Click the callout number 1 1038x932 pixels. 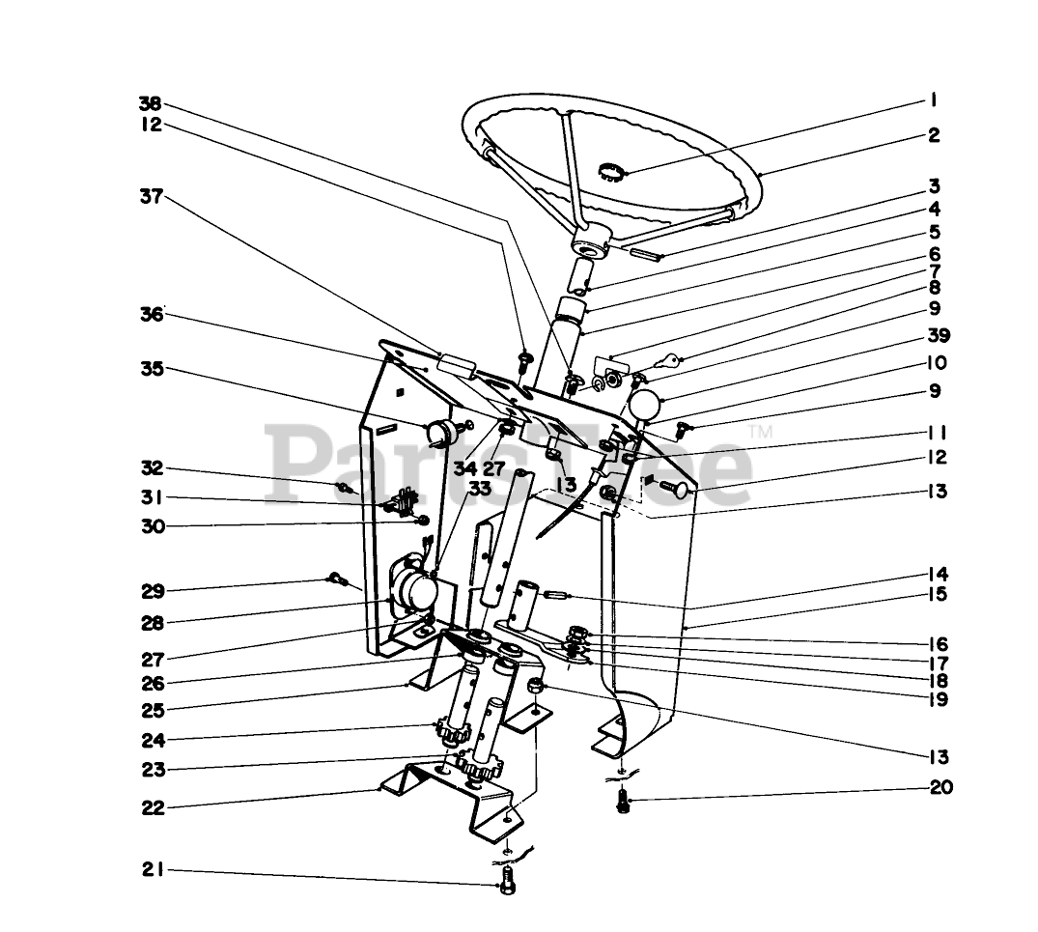coord(934,99)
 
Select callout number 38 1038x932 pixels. coord(150,103)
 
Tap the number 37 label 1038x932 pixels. coord(150,197)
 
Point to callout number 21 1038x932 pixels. coord(150,870)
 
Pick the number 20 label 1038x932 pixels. coord(940,787)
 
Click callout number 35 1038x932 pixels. coord(151,369)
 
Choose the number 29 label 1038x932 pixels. coord(151,590)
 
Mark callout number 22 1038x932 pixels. coord(151,807)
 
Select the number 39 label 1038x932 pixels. coord(937,336)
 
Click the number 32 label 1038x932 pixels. coord(151,469)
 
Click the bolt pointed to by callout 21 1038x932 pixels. coord(510,881)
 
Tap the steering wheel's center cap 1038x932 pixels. coord(610,174)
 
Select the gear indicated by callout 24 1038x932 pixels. coord(453,730)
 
